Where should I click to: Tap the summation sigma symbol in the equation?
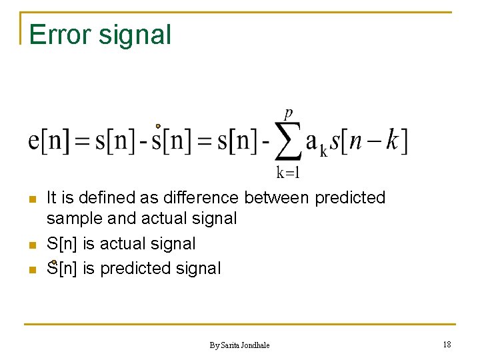click(x=287, y=142)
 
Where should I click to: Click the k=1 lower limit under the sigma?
click(x=288, y=173)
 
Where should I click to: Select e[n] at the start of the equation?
click(x=49, y=141)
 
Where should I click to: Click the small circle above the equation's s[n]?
click(x=158, y=125)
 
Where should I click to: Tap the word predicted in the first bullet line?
click(x=349, y=198)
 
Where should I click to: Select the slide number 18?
click(x=446, y=344)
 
